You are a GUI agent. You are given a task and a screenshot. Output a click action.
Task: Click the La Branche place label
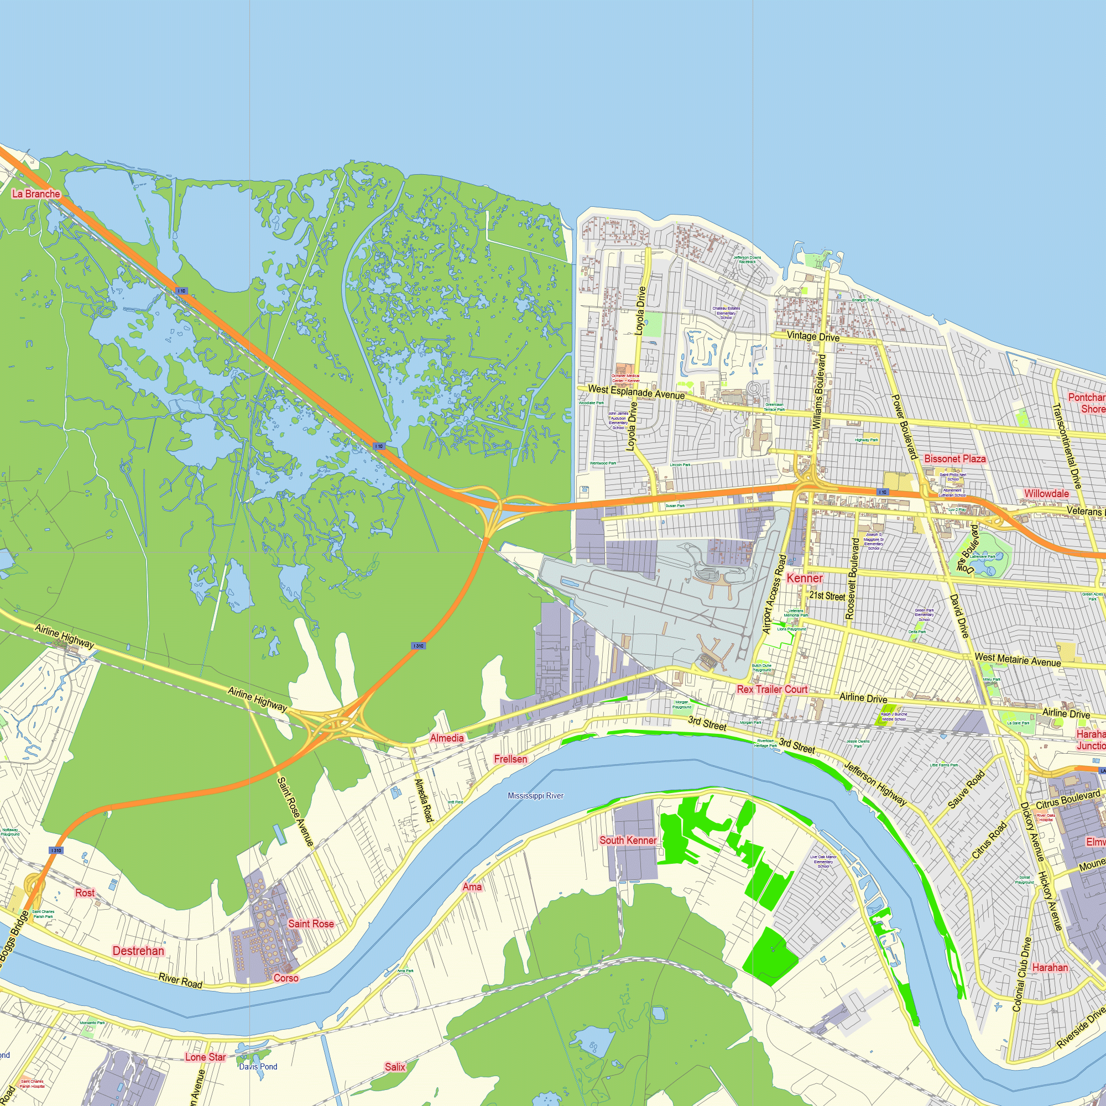click(36, 194)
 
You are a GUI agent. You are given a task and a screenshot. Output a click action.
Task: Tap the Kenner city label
click(804, 578)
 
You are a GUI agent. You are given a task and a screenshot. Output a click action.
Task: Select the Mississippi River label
click(535, 796)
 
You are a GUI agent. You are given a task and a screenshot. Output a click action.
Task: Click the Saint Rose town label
click(310, 924)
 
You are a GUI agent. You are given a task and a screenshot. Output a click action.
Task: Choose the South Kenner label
click(628, 841)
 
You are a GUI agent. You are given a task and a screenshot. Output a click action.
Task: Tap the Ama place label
click(472, 887)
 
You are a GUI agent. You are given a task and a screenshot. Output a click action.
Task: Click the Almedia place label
click(446, 738)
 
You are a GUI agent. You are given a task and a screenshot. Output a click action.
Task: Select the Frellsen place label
click(510, 759)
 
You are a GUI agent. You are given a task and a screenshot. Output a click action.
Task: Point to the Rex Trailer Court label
click(771, 689)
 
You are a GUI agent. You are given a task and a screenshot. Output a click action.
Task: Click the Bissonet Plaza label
click(955, 458)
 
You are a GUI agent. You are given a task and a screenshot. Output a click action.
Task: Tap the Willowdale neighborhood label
click(1046, 493)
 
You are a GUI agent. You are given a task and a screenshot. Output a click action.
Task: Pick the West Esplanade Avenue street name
click(636, 392)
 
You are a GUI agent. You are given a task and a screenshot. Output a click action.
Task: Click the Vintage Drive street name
click(813, 336)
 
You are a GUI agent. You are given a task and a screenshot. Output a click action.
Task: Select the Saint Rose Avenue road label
click(295, 811)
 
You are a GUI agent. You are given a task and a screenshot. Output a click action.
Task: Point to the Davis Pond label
click(258, 1067)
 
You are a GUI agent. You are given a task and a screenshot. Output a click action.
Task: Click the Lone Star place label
click(205, 1057)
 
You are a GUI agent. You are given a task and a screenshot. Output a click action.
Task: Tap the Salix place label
click(394, 1067)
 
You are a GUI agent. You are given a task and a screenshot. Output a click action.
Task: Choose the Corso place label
click(286, 978)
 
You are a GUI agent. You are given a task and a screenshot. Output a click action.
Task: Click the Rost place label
click(85, 893)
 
